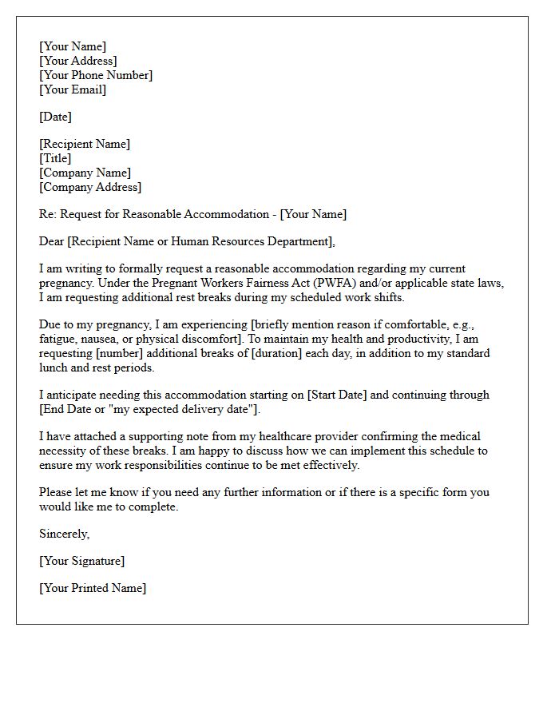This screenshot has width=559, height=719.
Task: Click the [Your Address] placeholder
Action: tap(77, 61)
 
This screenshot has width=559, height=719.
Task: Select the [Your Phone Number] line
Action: tap(96, 75)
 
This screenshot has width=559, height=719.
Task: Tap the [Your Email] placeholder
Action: tap(73, 89)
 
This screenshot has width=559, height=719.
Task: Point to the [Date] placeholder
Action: tap(55, 117)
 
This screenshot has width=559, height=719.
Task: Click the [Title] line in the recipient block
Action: tap(55, 158)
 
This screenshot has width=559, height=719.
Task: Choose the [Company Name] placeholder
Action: tap(85, 173)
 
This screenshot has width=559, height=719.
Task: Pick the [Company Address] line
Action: tap(90, 187)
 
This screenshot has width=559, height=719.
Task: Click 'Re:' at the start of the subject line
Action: tap(47, 214)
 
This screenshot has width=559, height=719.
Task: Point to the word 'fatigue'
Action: tap(57, 339)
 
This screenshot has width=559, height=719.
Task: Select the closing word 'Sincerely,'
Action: tap(65, 534)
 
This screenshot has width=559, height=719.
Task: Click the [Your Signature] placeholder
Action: tap(81, 561)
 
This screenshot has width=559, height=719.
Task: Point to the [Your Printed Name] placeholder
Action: tap(93, 588)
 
